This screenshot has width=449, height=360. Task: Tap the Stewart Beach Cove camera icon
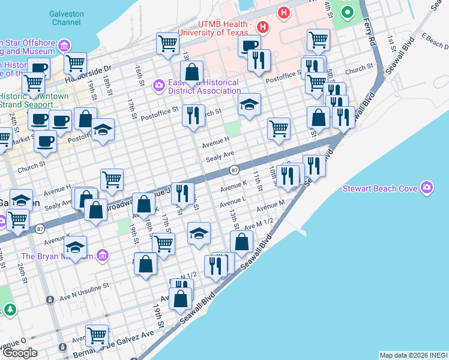(x=427, y=188)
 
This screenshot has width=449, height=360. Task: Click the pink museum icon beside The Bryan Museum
(x=103, y=256)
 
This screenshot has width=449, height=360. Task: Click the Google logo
(x=20, y=352)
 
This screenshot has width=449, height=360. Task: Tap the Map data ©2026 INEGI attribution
(x=413, y=355)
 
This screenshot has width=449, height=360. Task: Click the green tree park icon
(x=10, y=310)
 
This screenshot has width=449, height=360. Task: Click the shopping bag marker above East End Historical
(x=191, y=73)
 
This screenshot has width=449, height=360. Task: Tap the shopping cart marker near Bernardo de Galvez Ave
(x=97, y=336)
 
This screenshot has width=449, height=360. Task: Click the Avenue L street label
(x=234, y=199)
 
